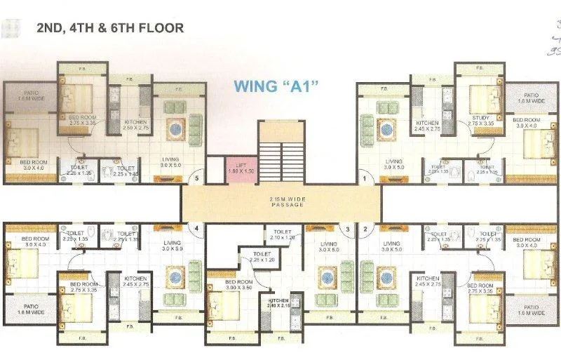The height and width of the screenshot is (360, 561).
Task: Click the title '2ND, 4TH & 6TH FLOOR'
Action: (110, 29)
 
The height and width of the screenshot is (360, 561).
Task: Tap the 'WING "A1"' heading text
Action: (276, 87)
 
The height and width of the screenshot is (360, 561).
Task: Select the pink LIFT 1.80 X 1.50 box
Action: (238, 167)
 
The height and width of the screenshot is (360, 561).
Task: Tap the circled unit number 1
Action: (365, 179)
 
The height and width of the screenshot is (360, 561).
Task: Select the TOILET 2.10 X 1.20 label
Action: (283, 234)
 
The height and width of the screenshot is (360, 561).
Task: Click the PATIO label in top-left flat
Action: (31, 96)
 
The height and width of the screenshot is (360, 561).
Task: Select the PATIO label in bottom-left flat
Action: (31, 310)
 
